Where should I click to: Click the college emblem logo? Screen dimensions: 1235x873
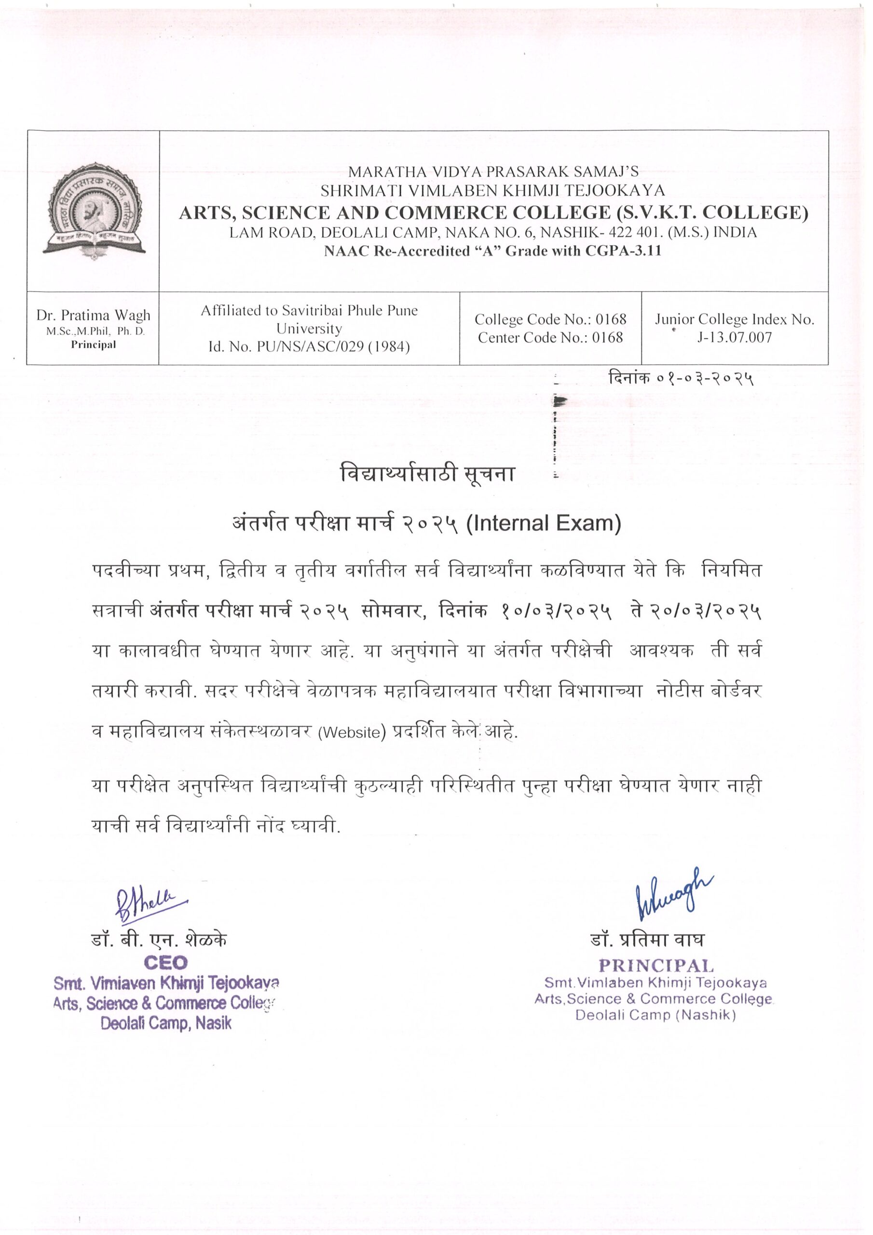tap(94, 211)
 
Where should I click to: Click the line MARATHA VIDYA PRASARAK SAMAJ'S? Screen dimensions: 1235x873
tap(493, 172)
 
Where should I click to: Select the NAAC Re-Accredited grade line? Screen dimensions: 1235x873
tap(492, 251)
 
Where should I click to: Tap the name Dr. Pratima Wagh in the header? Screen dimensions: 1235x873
tap(94, 315)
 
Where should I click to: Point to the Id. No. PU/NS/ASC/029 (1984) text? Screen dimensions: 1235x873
tap(309, 347)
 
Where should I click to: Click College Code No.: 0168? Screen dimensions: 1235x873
tap(550, 319)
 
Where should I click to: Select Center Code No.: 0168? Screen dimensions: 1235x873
tap(550, 338)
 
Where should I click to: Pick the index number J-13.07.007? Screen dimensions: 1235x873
tap(734, 338)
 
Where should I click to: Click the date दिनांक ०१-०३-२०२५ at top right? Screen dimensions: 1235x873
tap(681, 379)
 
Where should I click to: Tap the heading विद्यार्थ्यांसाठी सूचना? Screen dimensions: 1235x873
tap(428, 474)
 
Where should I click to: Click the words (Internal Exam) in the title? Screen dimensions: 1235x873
tap(543, 523)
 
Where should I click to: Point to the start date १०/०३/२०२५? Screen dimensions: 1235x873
tap(556, 612)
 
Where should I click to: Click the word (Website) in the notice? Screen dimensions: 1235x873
tap(352, 733)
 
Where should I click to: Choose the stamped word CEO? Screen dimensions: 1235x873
tap(165, 962)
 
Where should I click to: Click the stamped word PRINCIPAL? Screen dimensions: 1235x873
tap(656, 965)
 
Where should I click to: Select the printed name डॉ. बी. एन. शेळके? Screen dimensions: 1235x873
tap(159, 939)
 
